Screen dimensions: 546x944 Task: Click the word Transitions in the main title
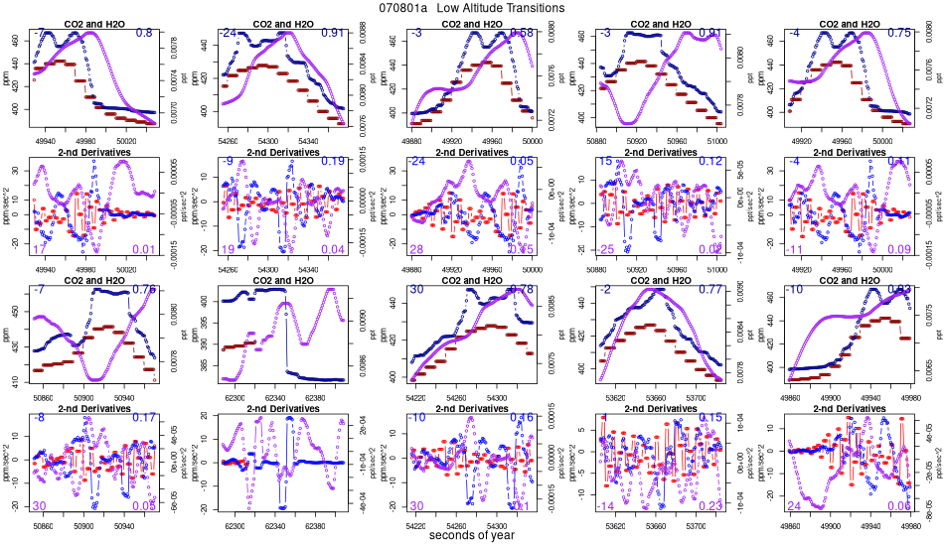tap(530, 8)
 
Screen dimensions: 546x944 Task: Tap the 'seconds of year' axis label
tap(472, 536)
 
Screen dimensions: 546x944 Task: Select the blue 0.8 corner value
tap(144, 34)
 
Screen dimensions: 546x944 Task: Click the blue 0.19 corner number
tap(333, 161)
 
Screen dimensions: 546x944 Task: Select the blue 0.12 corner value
tap(710, 161)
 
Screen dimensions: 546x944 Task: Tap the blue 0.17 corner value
tap(144, 418)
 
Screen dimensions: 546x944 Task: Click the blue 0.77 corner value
tap(710, 290)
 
